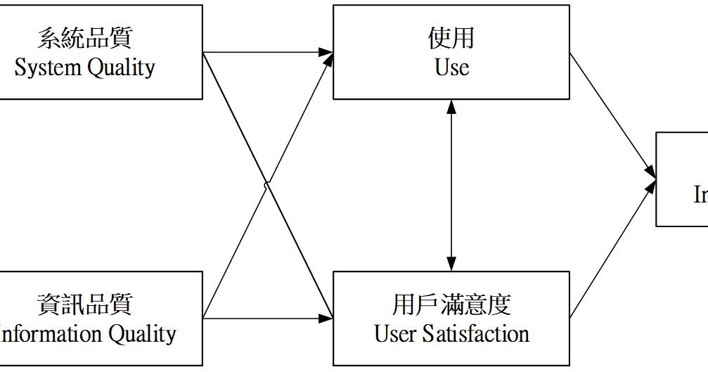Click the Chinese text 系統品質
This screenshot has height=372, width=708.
click(84, 39)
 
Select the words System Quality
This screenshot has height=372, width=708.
click(84, 68)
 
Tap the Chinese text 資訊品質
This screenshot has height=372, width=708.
click(84, 304)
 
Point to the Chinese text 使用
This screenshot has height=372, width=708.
click(451, 39)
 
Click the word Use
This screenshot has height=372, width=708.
click(451, 68)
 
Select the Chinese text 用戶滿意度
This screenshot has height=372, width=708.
click(451, 304)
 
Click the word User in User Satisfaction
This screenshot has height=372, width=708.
click(396, 333)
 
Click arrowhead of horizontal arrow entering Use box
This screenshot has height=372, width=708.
click(326, 52)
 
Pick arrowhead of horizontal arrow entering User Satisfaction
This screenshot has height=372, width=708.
click(326, 318)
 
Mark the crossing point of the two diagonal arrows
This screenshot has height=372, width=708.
click(266, 185)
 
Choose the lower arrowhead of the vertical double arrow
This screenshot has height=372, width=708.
click(451, 265)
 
